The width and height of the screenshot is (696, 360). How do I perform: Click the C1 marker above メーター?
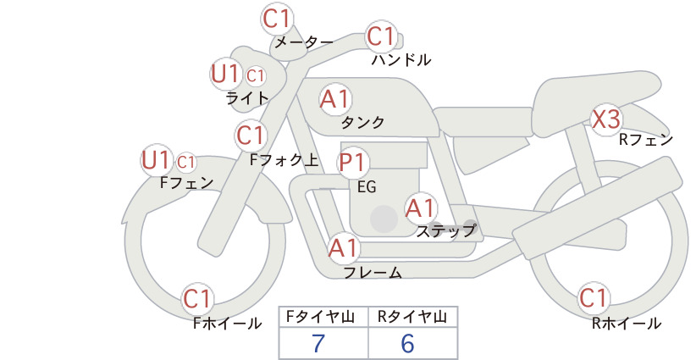pyautogui.click(x=276, y=19)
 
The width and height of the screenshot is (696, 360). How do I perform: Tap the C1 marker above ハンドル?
pyautogui.click(x=381, y=36)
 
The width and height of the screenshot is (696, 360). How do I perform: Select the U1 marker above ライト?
pyautogui.click(x=225, y=74)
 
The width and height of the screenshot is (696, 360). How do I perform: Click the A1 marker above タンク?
pyautogui.click(x=335, y=99)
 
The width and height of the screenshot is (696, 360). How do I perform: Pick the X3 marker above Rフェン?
pyautogui.click(x=606, y=119)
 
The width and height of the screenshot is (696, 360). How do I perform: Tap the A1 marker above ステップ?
pyautogui.click(x=420, y=208)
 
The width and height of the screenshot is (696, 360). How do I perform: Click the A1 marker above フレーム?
pyautogui.click(x=344, y=248)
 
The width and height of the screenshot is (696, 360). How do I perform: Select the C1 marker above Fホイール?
pyautogui.click(x=196, y=299)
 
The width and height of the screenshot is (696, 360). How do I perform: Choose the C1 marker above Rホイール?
pyautogui.click(x=593, y=298)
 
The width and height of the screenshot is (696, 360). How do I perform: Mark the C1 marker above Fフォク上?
pyautogui.click(x=251, y=136)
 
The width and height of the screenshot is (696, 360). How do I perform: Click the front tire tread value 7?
pyautogui.click(x=318, y=343)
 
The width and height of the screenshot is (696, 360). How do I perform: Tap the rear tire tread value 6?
pyautogui.click(x=407, y=343)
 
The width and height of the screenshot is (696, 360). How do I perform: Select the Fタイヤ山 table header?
pyautogui.click(x=320, y=317)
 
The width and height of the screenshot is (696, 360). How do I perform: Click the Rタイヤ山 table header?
pyautogui.click(x=412, y=317)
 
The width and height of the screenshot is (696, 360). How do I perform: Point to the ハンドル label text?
pyautogui.click(x=401, y=60)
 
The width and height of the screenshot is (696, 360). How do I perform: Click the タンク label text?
pyautogui.click(x=362, y=122)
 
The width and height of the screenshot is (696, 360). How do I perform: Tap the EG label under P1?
pyautogui.click(x=367, y=187)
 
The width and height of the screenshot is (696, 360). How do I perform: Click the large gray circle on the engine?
pyautogui.click(x=384, y=219)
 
